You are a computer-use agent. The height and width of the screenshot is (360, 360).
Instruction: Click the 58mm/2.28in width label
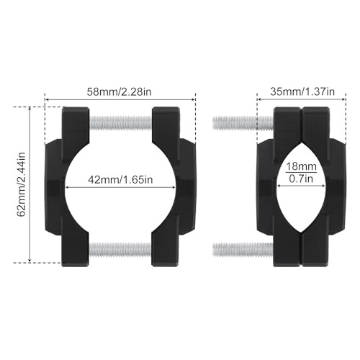click(x=119, y=92)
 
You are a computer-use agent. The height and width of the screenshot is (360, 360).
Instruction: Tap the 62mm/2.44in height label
click(x=22, y=184)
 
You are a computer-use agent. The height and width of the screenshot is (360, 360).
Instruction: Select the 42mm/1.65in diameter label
click(x=120, y=179)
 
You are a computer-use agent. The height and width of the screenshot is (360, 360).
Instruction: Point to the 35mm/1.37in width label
click(x=302, y=91)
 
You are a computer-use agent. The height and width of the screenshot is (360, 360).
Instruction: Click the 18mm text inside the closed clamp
click(x=301, y=166)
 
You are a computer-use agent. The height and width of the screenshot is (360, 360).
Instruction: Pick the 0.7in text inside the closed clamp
click(x=301, y=179)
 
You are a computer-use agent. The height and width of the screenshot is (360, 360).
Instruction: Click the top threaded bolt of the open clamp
click(x=121, y=123)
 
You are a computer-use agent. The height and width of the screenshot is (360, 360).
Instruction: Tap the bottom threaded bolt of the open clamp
click(x=120, y=249)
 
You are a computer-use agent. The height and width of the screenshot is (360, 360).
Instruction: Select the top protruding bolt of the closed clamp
click(x=243, y=123)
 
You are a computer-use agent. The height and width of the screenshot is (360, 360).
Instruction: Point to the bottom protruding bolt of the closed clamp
click(x=243, y=250)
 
